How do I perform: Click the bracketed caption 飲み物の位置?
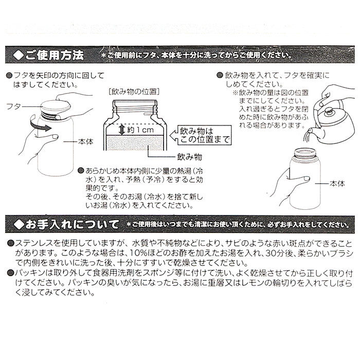pos(133,93)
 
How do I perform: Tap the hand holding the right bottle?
pos(288,183)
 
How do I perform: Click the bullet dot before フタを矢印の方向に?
pos(9,75)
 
